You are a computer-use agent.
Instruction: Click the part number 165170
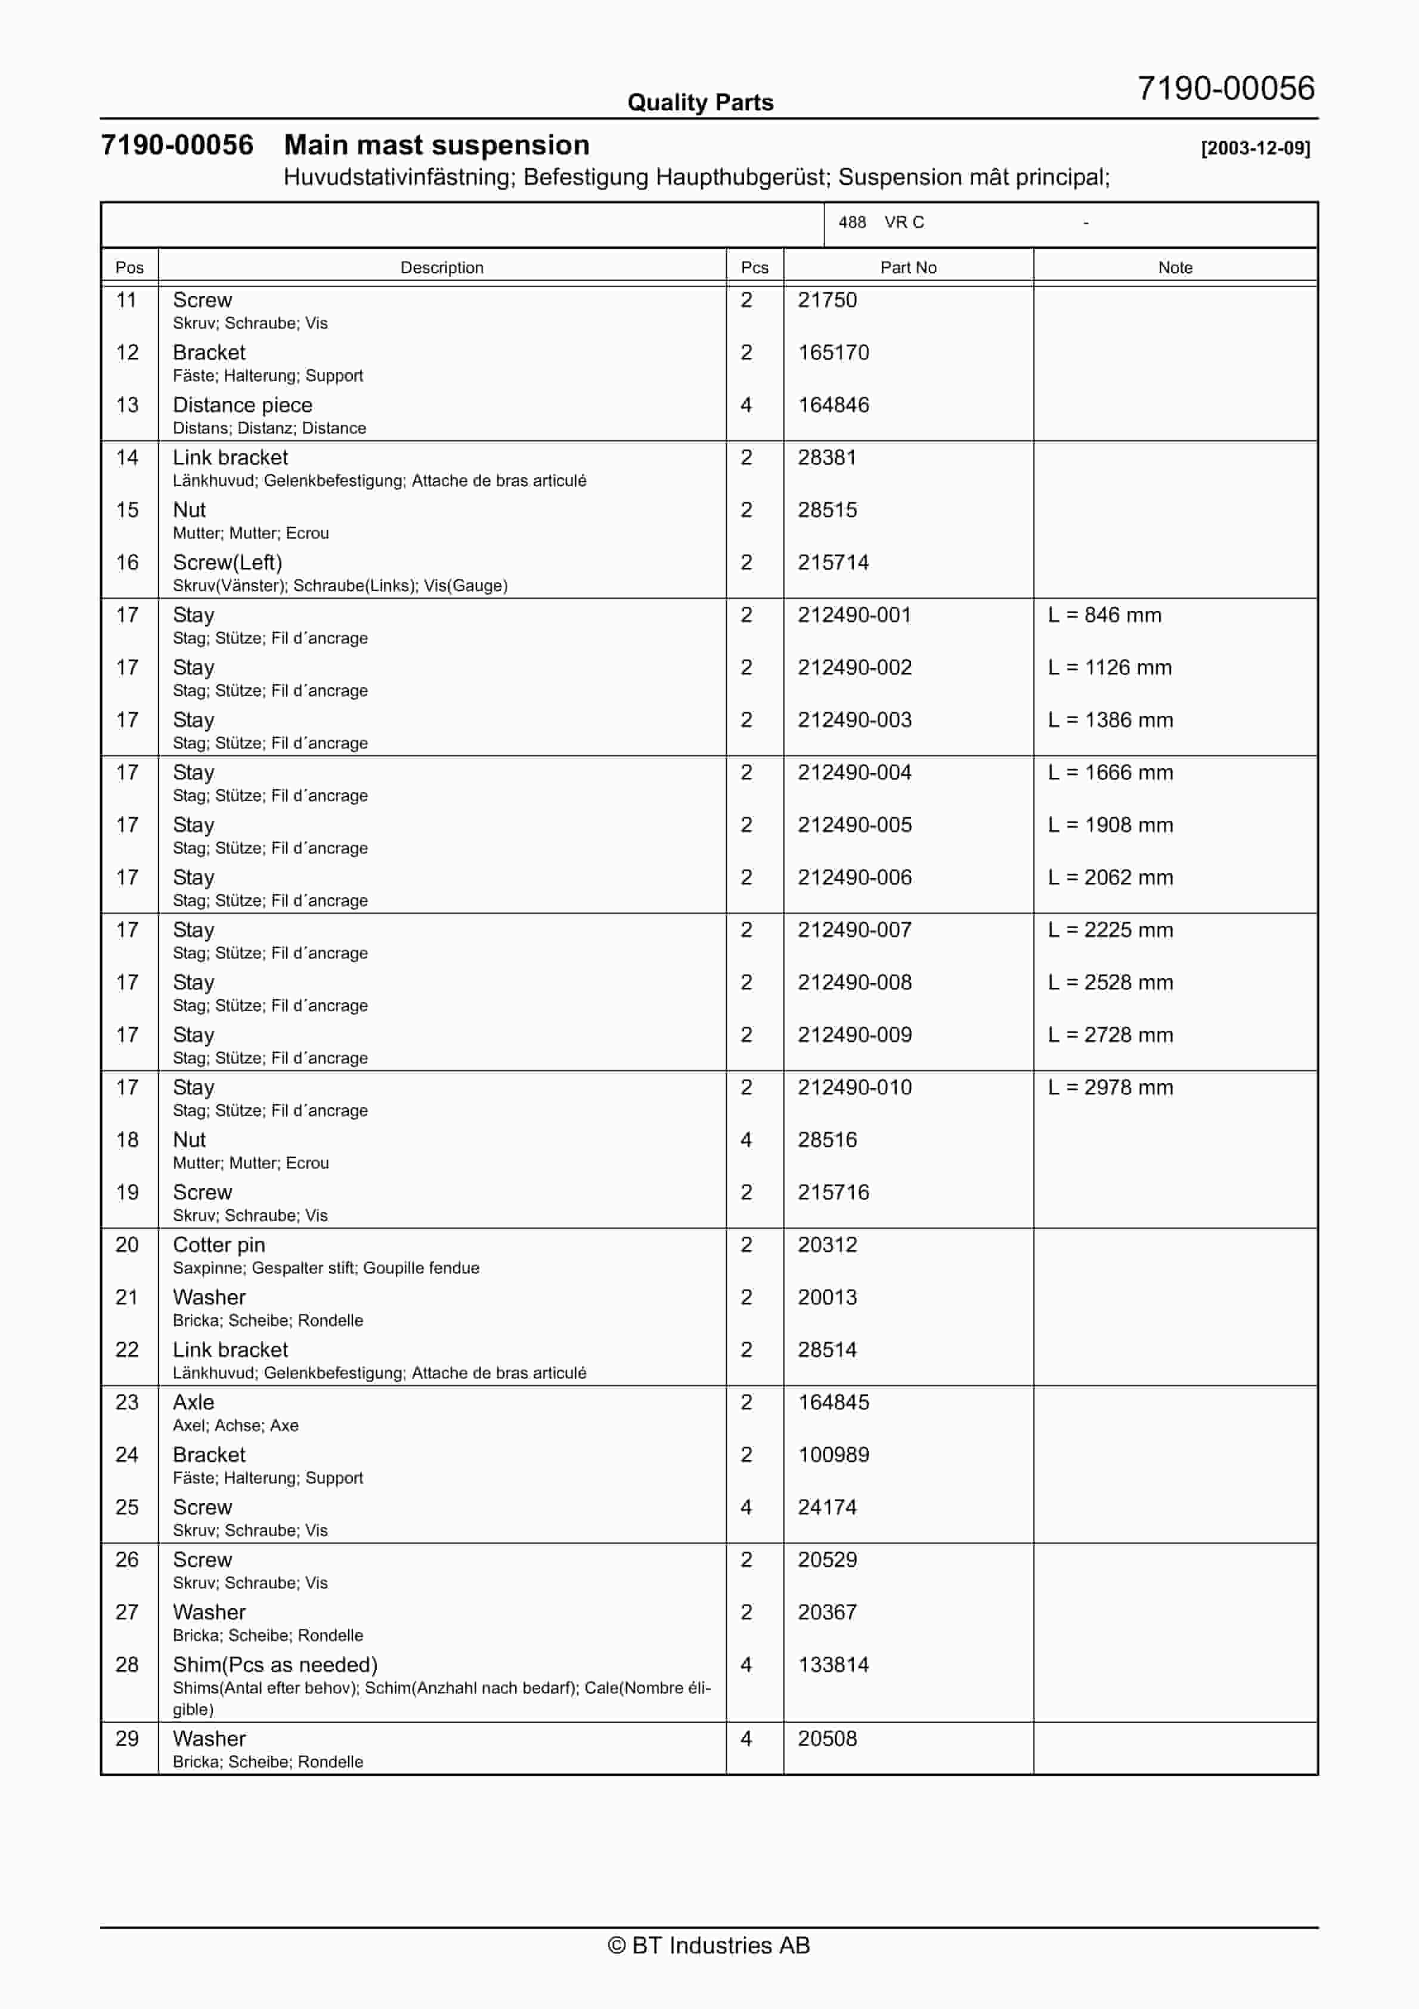[833, 353]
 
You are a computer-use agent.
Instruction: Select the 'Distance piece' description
[242, 405]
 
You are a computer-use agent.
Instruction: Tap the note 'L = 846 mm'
[1104, 615]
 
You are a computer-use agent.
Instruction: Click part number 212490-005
[854, 825]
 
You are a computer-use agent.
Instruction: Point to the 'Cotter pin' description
[219, 1245]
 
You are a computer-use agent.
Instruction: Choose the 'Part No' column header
[908, 268]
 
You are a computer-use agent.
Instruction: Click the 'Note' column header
[1175, 268]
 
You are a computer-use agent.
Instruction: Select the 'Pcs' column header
[754, 268]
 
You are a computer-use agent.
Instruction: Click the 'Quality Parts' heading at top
[700, 103]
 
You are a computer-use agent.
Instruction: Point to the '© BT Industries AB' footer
[709, 1945]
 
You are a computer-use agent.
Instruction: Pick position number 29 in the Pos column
[127, 1739]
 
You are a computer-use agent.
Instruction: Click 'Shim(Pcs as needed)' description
[275, 1665]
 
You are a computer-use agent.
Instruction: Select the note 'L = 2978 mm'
[1110, 1087]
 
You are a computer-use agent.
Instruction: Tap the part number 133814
[833, 1665]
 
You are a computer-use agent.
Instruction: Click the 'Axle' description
[193, 1402]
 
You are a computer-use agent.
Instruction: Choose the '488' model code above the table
[851, 222]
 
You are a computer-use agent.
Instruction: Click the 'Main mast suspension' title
[436, 146]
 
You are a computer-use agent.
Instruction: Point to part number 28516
[827, 1140]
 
